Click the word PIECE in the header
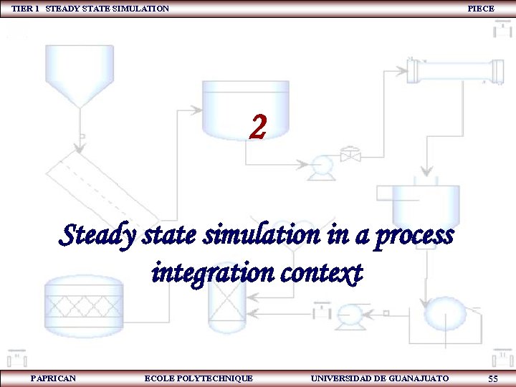point(480,9)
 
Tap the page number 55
point(492,378)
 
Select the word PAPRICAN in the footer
point(54,378)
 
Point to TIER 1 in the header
point(26,9)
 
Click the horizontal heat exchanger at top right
point(454,70)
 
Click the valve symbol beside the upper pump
point(350,156)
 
